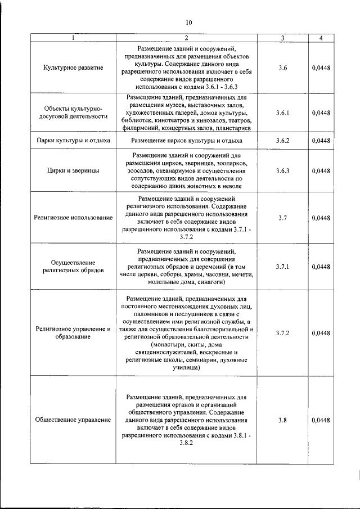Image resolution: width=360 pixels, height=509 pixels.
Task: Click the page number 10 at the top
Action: (188, 22)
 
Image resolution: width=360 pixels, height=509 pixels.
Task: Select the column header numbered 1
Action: (73, 38)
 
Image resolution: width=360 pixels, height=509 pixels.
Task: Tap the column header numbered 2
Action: (186, 38)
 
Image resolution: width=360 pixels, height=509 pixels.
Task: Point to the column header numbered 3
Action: (282, 38)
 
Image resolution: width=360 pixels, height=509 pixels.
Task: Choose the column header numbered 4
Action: (321, 38)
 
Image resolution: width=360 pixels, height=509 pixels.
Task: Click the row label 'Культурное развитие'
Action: (73, 68)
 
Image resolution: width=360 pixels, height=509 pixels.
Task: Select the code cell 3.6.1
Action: (282, 112)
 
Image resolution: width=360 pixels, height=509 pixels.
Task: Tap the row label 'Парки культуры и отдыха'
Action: (73, 140)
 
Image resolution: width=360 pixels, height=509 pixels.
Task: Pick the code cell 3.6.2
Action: (282, 140)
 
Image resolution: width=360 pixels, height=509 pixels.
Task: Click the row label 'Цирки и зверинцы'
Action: (73, 170)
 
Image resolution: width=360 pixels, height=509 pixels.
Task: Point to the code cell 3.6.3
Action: (282, 170)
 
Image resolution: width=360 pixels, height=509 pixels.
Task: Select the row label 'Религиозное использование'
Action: (73, 217)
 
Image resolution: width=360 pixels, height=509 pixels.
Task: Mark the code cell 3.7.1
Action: (282, 267)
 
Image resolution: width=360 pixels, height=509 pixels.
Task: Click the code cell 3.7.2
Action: (282, 333)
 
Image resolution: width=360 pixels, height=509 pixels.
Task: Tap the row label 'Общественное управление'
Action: (73, 420)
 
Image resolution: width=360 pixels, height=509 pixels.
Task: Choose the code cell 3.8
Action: (282, 420)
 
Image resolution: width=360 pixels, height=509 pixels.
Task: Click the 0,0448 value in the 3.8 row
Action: (321, 420)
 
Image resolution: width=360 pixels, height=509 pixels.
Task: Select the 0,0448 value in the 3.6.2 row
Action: (321, 140)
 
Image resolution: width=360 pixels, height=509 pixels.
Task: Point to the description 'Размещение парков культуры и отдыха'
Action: (186, 140)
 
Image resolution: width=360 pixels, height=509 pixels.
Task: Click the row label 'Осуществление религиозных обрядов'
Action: (73, 267)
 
